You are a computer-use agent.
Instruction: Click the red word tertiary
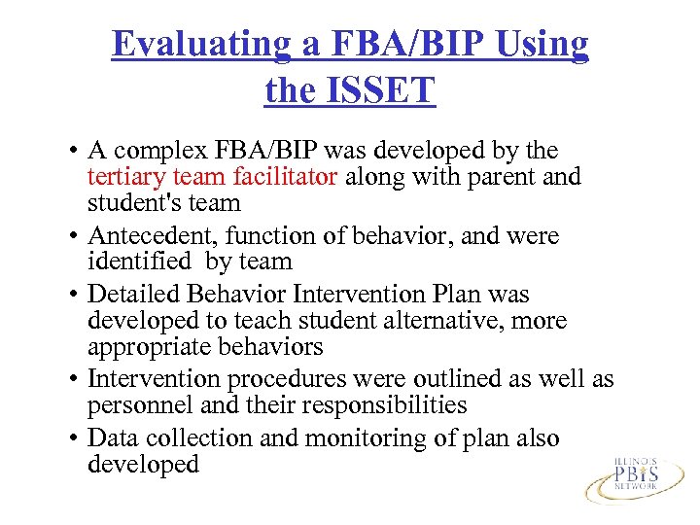pos(124,177)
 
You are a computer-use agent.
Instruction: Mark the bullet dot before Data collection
pos(73,439)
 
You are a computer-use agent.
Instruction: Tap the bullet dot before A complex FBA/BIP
pos(73,152)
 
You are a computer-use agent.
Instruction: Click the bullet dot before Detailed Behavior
pos(73,295)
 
